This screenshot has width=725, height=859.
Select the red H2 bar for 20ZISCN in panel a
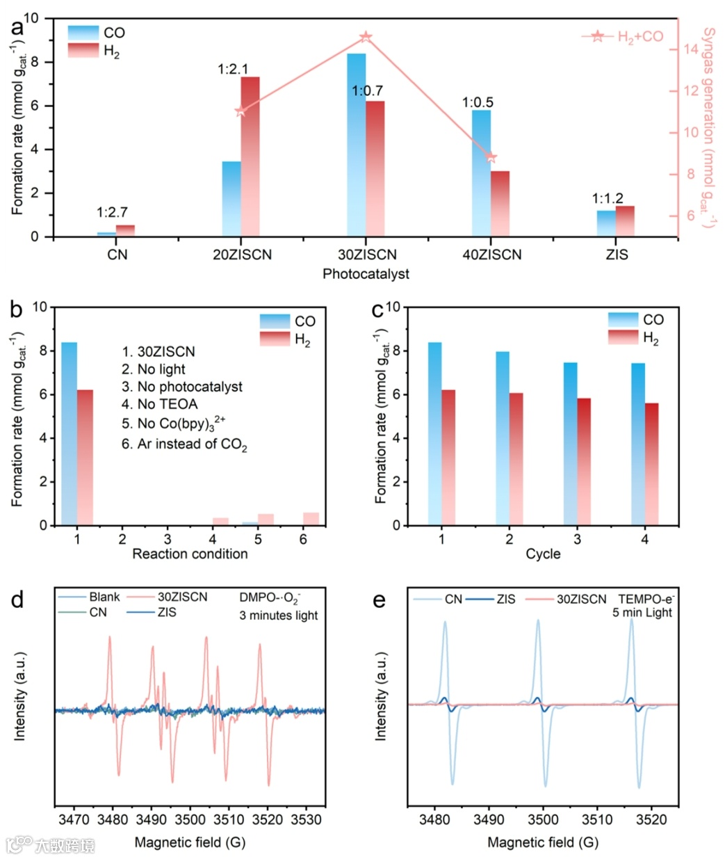click(250, 156)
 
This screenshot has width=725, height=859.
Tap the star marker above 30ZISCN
click(366, 37)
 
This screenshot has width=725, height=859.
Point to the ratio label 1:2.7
click(112, 212)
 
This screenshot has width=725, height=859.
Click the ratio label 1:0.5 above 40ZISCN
click(478, 103)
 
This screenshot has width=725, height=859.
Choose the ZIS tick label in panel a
click(617, 255)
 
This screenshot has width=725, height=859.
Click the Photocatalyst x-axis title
click(366, 274)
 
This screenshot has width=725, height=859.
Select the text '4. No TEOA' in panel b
click(160, 404)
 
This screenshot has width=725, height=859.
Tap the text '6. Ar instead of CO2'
click(184, 444)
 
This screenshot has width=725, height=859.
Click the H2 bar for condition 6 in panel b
click(311, 519)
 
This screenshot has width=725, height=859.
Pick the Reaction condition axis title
click(190, 554)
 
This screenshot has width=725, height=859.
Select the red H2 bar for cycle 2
click(516, 459)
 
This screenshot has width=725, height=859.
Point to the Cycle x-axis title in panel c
click(543, 554)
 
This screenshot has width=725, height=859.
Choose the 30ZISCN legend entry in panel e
click(581, 599)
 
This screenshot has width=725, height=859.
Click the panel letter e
click(379, 600)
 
